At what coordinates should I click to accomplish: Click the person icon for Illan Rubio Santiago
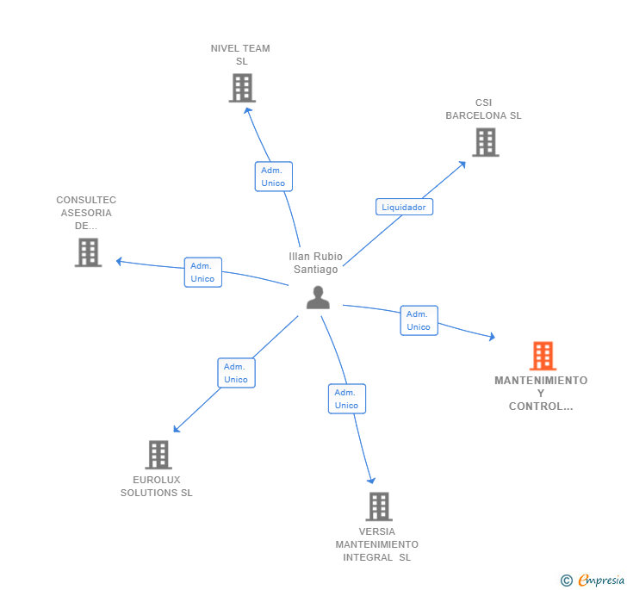pos(318,297)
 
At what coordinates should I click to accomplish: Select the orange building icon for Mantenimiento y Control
pos(543,356)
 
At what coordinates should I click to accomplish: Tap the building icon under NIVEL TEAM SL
pos(242,88)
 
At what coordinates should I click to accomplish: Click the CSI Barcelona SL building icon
pos(485,142)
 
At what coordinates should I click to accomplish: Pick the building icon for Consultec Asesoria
pos(88,252)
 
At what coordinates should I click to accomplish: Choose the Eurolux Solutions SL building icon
pos(158,455)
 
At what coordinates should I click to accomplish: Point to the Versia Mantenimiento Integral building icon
pos(378,506)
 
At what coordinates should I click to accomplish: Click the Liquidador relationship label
pos(404,207)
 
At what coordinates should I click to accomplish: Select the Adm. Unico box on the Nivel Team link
pos(273,177)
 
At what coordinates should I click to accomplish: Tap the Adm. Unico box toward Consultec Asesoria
pos(202,272)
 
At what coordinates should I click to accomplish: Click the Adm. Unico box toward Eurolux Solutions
pos(236,373)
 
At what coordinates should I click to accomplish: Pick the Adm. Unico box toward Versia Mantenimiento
pos(346,399)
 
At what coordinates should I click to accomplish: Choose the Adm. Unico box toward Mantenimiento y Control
pos(419,320)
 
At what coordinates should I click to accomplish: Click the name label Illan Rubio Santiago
pos(315,263)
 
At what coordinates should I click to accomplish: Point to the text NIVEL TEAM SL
pos(240,54)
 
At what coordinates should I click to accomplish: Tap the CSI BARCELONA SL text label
pos(483,109)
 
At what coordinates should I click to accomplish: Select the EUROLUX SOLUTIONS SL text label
pos(157,487)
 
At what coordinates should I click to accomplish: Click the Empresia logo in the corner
pos(593,581)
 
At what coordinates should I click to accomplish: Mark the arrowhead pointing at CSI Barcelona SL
pos(462,164)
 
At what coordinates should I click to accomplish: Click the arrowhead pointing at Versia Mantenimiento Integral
pos(372,480)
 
